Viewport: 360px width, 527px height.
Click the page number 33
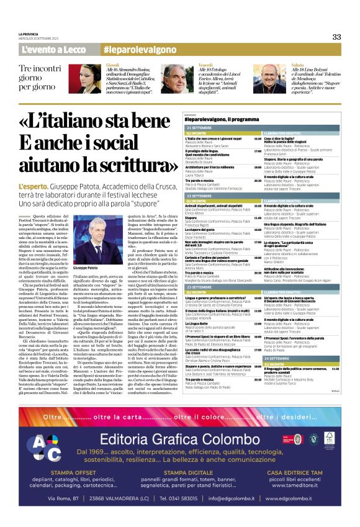click(336, 37)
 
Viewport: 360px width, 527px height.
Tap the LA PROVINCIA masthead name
click(30, 34)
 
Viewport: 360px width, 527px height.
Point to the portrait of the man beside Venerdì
click(178, 79)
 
